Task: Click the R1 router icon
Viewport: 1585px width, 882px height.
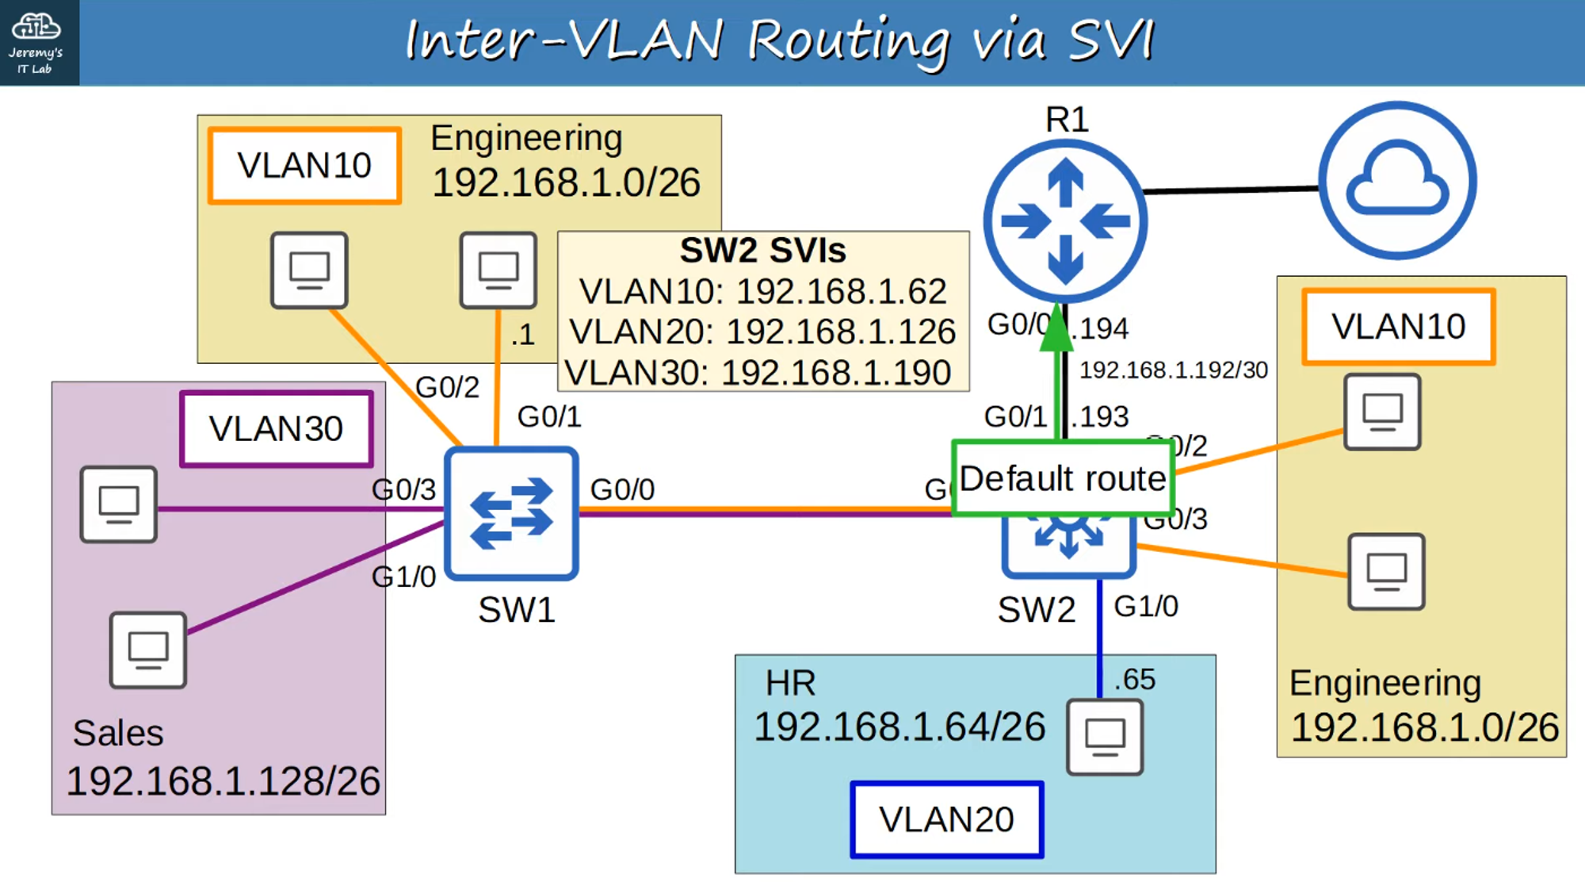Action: point(1065,221)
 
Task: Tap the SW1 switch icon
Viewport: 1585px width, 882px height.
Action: point(511,513)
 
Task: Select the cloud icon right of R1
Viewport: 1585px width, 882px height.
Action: point(1397,180)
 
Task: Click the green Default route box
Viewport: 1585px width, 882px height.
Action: point(1062,478)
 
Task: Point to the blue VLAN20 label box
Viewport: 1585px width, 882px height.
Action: point(946,819)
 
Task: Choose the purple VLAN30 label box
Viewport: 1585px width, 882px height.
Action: point(276,428)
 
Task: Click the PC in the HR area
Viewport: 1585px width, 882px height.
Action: point(1105,736)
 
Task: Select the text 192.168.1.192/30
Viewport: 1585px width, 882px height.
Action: point(1173,370)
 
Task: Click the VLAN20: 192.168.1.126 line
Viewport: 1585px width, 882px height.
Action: point(762,332)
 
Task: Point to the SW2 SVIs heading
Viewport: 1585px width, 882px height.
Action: point(762,251)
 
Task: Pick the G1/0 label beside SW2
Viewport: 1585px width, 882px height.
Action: point(1146,607)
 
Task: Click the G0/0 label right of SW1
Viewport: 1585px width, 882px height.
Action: point(622,489)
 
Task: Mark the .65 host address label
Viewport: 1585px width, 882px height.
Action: point(1134,680)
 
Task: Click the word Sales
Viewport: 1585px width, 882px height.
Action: point(118,733)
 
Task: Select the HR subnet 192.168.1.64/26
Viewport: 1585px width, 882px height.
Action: point(899,727)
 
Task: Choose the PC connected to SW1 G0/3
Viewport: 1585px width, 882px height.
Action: point(119,504)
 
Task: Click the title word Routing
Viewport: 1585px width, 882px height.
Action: point(849,41)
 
